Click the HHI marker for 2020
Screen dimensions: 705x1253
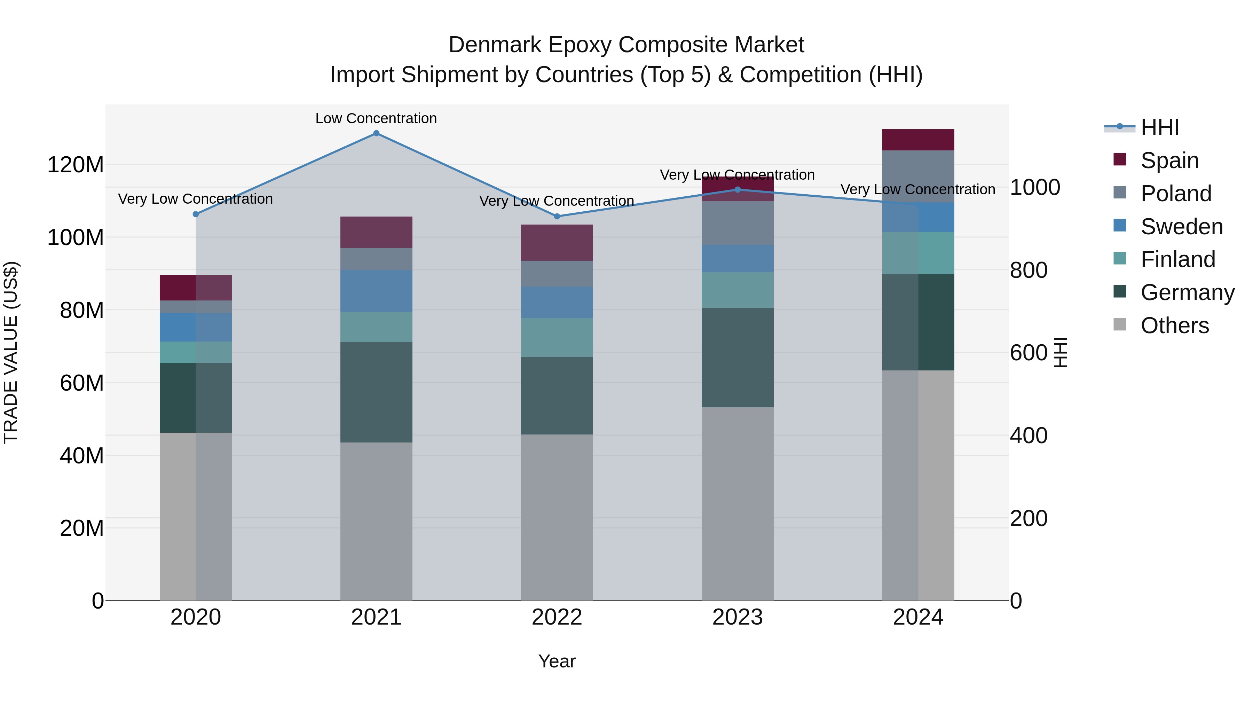[x=196, y=214]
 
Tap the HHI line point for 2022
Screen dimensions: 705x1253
[x=557, y=217]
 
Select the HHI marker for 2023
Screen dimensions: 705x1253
[x=738, y=190]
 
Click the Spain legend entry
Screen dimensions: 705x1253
[x=1169, y=160]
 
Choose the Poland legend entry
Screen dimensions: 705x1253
[x=1176, y=194]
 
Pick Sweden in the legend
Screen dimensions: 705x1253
[x=1182, y=227]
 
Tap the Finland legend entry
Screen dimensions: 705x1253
[x=1177, y=259]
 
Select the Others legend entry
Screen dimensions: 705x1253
[x=1174, y=326]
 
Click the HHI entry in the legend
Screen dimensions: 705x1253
[x=1160, y=127]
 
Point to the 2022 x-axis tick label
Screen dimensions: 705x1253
[x=557, y=617]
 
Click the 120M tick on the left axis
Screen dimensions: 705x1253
[x=76, y=165]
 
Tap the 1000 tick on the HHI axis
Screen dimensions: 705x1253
[x=1035, y=188]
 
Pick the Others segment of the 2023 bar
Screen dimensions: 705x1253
[x=738, y=503]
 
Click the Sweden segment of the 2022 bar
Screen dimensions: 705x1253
[x=557, y=302]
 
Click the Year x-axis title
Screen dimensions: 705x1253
[x=557, y=661]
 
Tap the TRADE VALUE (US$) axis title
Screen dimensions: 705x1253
[x=11, y=352]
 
